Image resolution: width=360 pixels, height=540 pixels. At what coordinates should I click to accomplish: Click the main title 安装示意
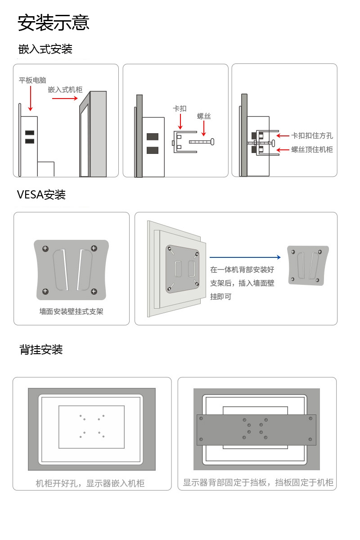click(x=54, y=22)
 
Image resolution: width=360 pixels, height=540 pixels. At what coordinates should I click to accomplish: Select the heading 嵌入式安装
click(x=45, y=49)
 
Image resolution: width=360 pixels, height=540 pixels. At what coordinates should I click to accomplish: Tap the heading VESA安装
click(x=41, y=194)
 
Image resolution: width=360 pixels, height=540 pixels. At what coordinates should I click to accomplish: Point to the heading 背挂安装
click(x=41, y=349)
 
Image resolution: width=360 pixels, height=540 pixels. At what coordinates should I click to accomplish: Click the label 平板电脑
click(x=32, y=81)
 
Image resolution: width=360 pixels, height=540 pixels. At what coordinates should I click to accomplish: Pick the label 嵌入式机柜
click(x=65, y=90)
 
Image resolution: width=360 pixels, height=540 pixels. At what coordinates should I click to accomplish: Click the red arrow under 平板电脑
click(x=30, y=98)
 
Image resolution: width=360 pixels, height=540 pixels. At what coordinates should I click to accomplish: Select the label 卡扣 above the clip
click(x=180, y=108)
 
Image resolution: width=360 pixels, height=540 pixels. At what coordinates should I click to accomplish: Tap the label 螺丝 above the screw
click(x=204, y=116)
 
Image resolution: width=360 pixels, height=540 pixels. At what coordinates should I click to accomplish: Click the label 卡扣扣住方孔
click(x=312, y=135)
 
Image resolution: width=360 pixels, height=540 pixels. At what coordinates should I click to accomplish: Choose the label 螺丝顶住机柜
click(x=312, y=149)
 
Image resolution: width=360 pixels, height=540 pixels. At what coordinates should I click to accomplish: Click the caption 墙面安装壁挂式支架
click(x=71, y=311)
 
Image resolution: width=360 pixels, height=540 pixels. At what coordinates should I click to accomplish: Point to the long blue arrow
click(x=245, y=257)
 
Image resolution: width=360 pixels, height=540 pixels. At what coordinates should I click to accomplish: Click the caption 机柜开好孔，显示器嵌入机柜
click(x=90, y=483)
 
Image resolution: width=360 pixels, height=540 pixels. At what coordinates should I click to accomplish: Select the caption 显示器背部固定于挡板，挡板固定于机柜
click(x=258, y=482)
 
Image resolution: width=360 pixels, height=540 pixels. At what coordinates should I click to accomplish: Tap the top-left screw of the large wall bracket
click(x=45, y=248)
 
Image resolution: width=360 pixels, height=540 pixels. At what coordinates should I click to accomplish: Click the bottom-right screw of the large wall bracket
click(x=94, y=292)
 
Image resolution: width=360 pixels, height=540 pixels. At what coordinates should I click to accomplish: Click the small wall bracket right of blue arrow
click(x=308, y=265)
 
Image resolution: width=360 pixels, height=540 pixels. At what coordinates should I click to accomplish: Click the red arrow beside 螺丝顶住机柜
click(x=283, y=149)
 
